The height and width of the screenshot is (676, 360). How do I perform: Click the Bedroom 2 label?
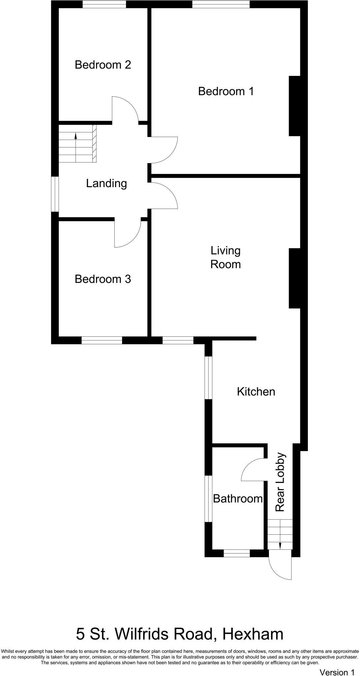point(103,65)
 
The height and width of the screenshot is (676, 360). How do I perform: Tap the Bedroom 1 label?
point(226,91)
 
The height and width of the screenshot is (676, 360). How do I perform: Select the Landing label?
point(106,183)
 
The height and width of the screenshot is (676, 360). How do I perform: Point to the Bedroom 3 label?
point(103,279)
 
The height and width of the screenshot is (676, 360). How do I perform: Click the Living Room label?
point(225,257)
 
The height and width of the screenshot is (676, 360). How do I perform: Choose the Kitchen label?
point(256,392)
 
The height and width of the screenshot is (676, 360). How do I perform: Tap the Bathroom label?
point(238,498)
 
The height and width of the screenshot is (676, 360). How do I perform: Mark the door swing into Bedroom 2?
point(125,109)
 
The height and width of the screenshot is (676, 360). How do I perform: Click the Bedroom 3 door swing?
point(127,234)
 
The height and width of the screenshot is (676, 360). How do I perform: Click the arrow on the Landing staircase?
point(76,135)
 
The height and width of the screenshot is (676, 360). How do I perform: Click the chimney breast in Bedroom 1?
point(294,106)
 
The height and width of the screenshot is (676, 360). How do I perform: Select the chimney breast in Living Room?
point(294,278)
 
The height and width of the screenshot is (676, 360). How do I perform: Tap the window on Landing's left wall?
point(55,194)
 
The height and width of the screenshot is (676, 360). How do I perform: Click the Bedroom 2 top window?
point(104,4)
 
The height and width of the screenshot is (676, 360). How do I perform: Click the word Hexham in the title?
point(252,634)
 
